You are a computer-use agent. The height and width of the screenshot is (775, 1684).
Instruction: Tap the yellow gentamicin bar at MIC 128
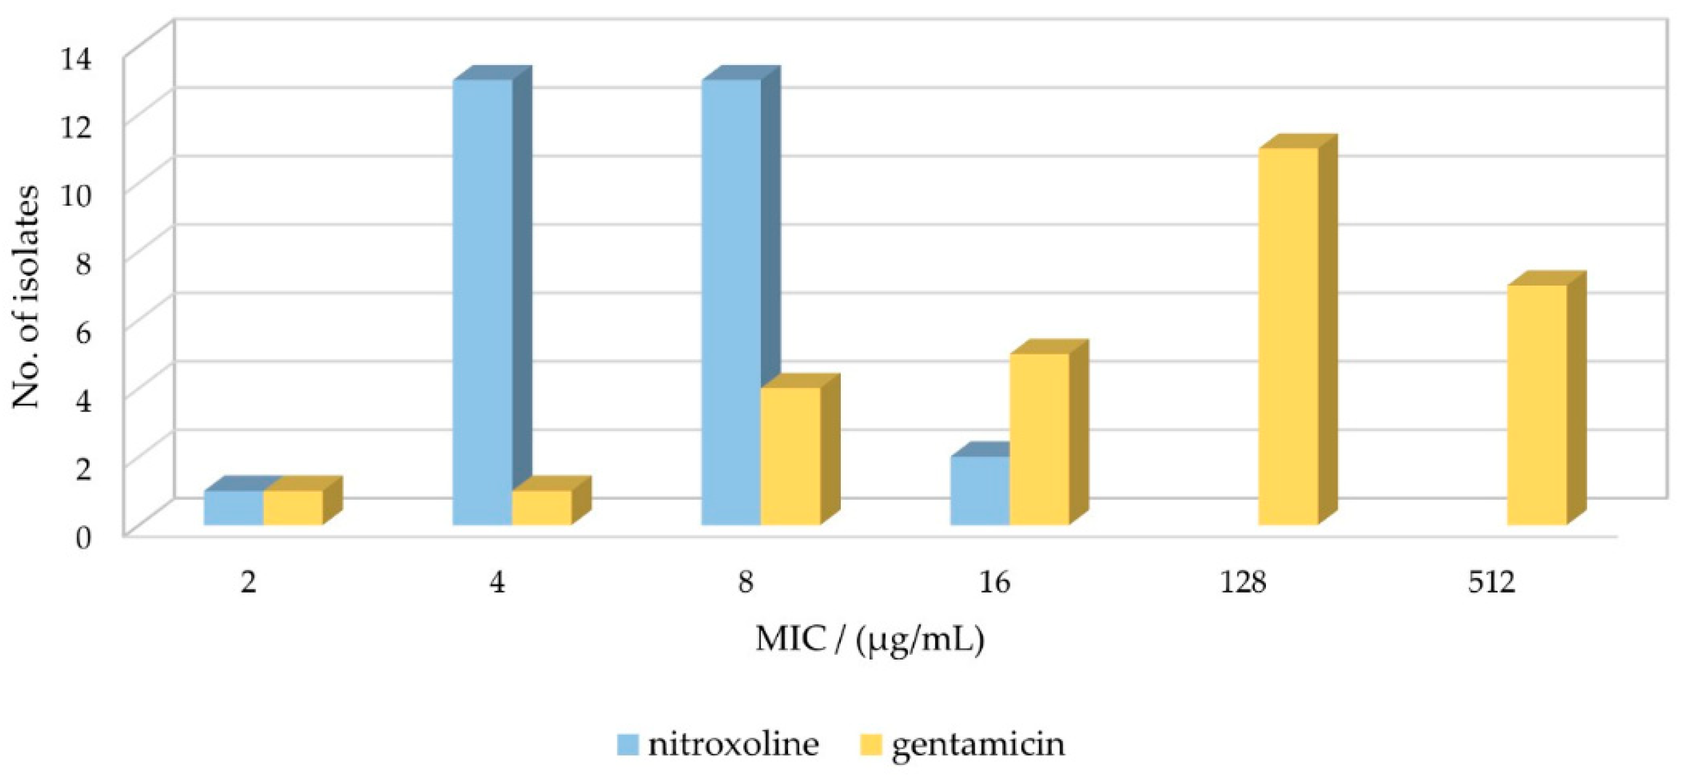pos(1288,336)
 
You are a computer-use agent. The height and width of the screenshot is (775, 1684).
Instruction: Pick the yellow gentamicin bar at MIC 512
pos(1537,405)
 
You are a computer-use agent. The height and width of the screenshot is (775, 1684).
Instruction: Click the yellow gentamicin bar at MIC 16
pos(1040,439)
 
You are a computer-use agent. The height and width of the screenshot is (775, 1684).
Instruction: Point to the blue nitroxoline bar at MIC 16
pos(979,490)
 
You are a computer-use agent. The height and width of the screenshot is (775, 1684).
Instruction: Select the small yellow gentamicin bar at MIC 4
pos(542,507)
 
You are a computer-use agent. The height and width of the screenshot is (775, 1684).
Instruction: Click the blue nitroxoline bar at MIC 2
pos(233,508)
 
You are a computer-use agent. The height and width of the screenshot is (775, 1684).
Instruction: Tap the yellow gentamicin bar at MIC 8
pos(790,456)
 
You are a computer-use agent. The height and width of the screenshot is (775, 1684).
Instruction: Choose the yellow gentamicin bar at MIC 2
pos(293,508)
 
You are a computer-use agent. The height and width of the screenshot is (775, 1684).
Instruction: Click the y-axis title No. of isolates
pos(26,297)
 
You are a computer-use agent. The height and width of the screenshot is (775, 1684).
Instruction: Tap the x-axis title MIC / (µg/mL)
pos(870,640)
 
